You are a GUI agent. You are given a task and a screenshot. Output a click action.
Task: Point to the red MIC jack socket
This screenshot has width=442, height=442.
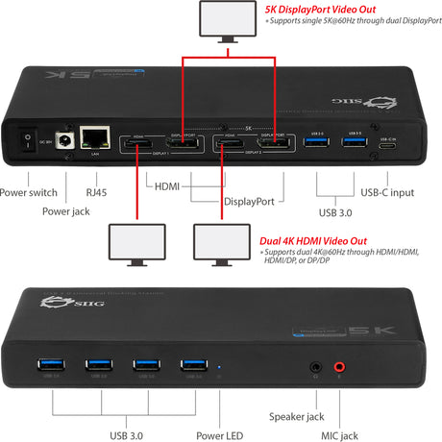tap(338, 366)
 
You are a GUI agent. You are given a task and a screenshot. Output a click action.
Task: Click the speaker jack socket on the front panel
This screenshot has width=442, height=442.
tap(316, 366)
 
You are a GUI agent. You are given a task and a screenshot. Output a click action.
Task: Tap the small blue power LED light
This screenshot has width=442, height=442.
tap(221, 366)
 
